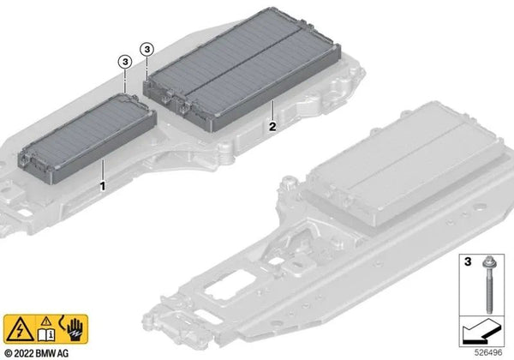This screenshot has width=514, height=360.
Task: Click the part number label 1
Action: click(x=103, y=184)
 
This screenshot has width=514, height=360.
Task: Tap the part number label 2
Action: click(x=272, y=127)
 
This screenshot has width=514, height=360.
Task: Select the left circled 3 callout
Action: click(x=125, y=62)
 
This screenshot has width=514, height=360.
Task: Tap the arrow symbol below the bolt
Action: click(x=481, y=328)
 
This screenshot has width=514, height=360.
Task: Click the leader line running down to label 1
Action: click(x=103, y=168)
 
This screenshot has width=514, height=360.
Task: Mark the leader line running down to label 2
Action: click(x=272, y=111)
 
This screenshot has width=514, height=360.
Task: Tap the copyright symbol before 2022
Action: click(x=9, y=352)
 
